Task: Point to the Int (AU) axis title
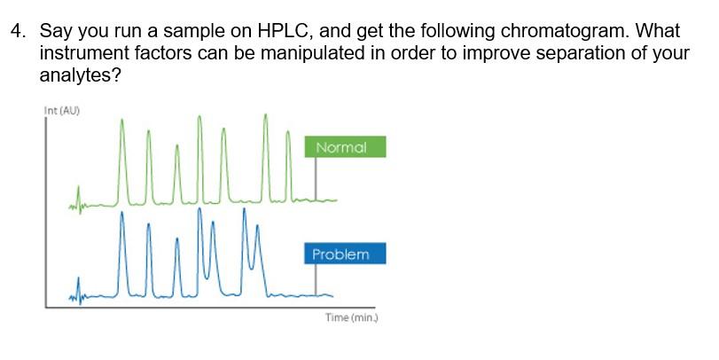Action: click(x=59, y=111)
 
